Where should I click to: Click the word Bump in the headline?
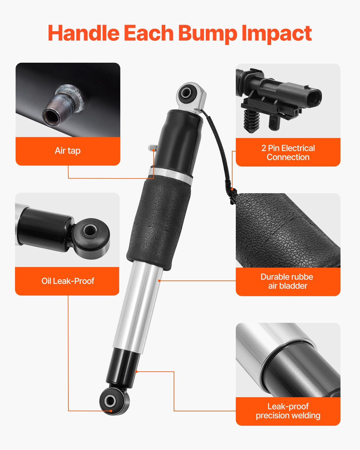coord(207,34)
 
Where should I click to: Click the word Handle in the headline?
coord(84,33)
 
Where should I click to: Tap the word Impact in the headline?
coord(277,34)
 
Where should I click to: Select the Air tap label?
coord(67,151)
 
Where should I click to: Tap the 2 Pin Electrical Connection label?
coord(288,152)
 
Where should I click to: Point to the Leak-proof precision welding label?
coord(288,411)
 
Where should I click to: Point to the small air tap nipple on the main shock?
coord(152,148)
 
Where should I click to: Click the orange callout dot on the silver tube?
coord(159,280)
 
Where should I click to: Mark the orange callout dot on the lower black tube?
coord(136,372)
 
